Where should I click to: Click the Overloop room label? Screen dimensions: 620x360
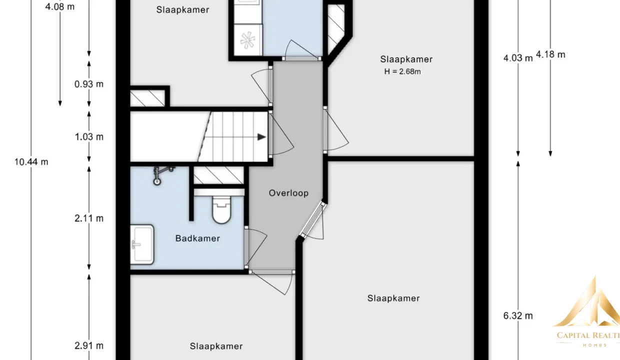click(288, 193)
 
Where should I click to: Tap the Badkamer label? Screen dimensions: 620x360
click(197, 238)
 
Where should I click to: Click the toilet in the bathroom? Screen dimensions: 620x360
click(221, 209)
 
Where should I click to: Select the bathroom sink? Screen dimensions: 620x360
click(142, 244)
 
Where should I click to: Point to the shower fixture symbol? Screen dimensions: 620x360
click(162, 175)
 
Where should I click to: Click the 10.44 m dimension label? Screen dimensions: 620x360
click(31, 162)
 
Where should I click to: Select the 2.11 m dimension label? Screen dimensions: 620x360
click(89, 218)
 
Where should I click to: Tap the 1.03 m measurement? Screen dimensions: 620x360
click(89, 136)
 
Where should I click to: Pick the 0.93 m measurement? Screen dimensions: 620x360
click(89, 84)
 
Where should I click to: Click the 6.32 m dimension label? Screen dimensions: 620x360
click(518, 315)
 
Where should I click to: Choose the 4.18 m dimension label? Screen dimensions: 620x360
click(550, 54)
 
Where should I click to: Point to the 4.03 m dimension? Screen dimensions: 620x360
click(518, 58)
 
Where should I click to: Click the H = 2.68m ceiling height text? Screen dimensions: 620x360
click(402, 71)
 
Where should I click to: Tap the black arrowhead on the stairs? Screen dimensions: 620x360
click(261, 136)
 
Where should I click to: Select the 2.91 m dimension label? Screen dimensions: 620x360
click(89, 345)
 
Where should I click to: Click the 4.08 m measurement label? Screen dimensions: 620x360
click(60, 6)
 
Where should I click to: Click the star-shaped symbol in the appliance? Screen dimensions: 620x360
click(247, 40)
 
